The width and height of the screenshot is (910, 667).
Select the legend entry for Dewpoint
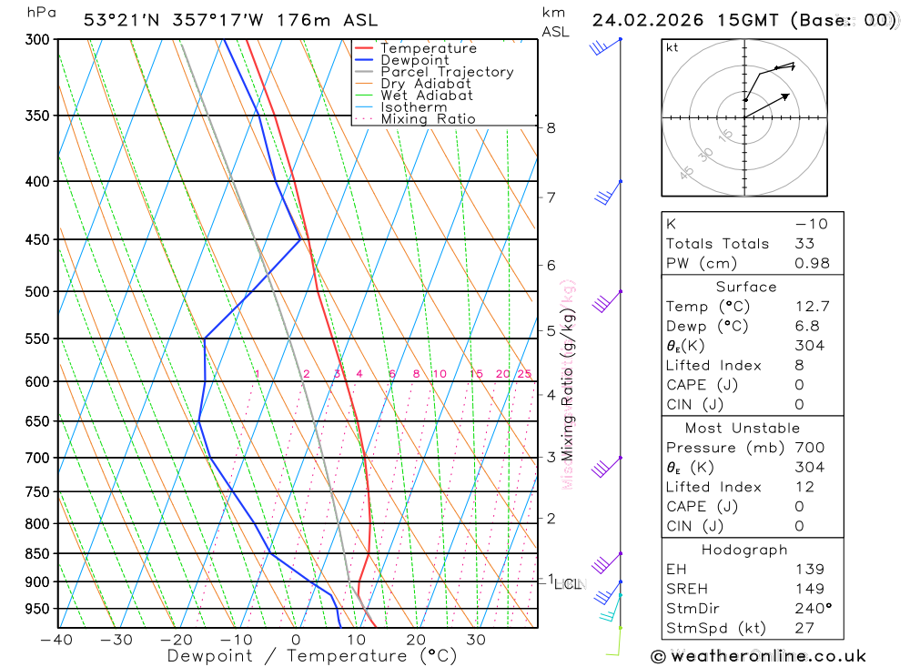[x=414, y=60]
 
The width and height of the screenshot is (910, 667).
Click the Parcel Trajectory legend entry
[x=446, y=72]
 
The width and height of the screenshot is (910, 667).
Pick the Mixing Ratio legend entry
[x=428, y=119]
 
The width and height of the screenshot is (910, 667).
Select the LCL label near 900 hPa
[x=571, y=583]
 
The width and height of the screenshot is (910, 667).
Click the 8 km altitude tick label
[x=551, y=127]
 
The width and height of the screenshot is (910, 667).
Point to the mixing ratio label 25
[x=524, y=374]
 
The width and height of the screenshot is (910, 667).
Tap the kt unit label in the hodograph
[x=672, y=47]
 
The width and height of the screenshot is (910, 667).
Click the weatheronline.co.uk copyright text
[x=758, y=655]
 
